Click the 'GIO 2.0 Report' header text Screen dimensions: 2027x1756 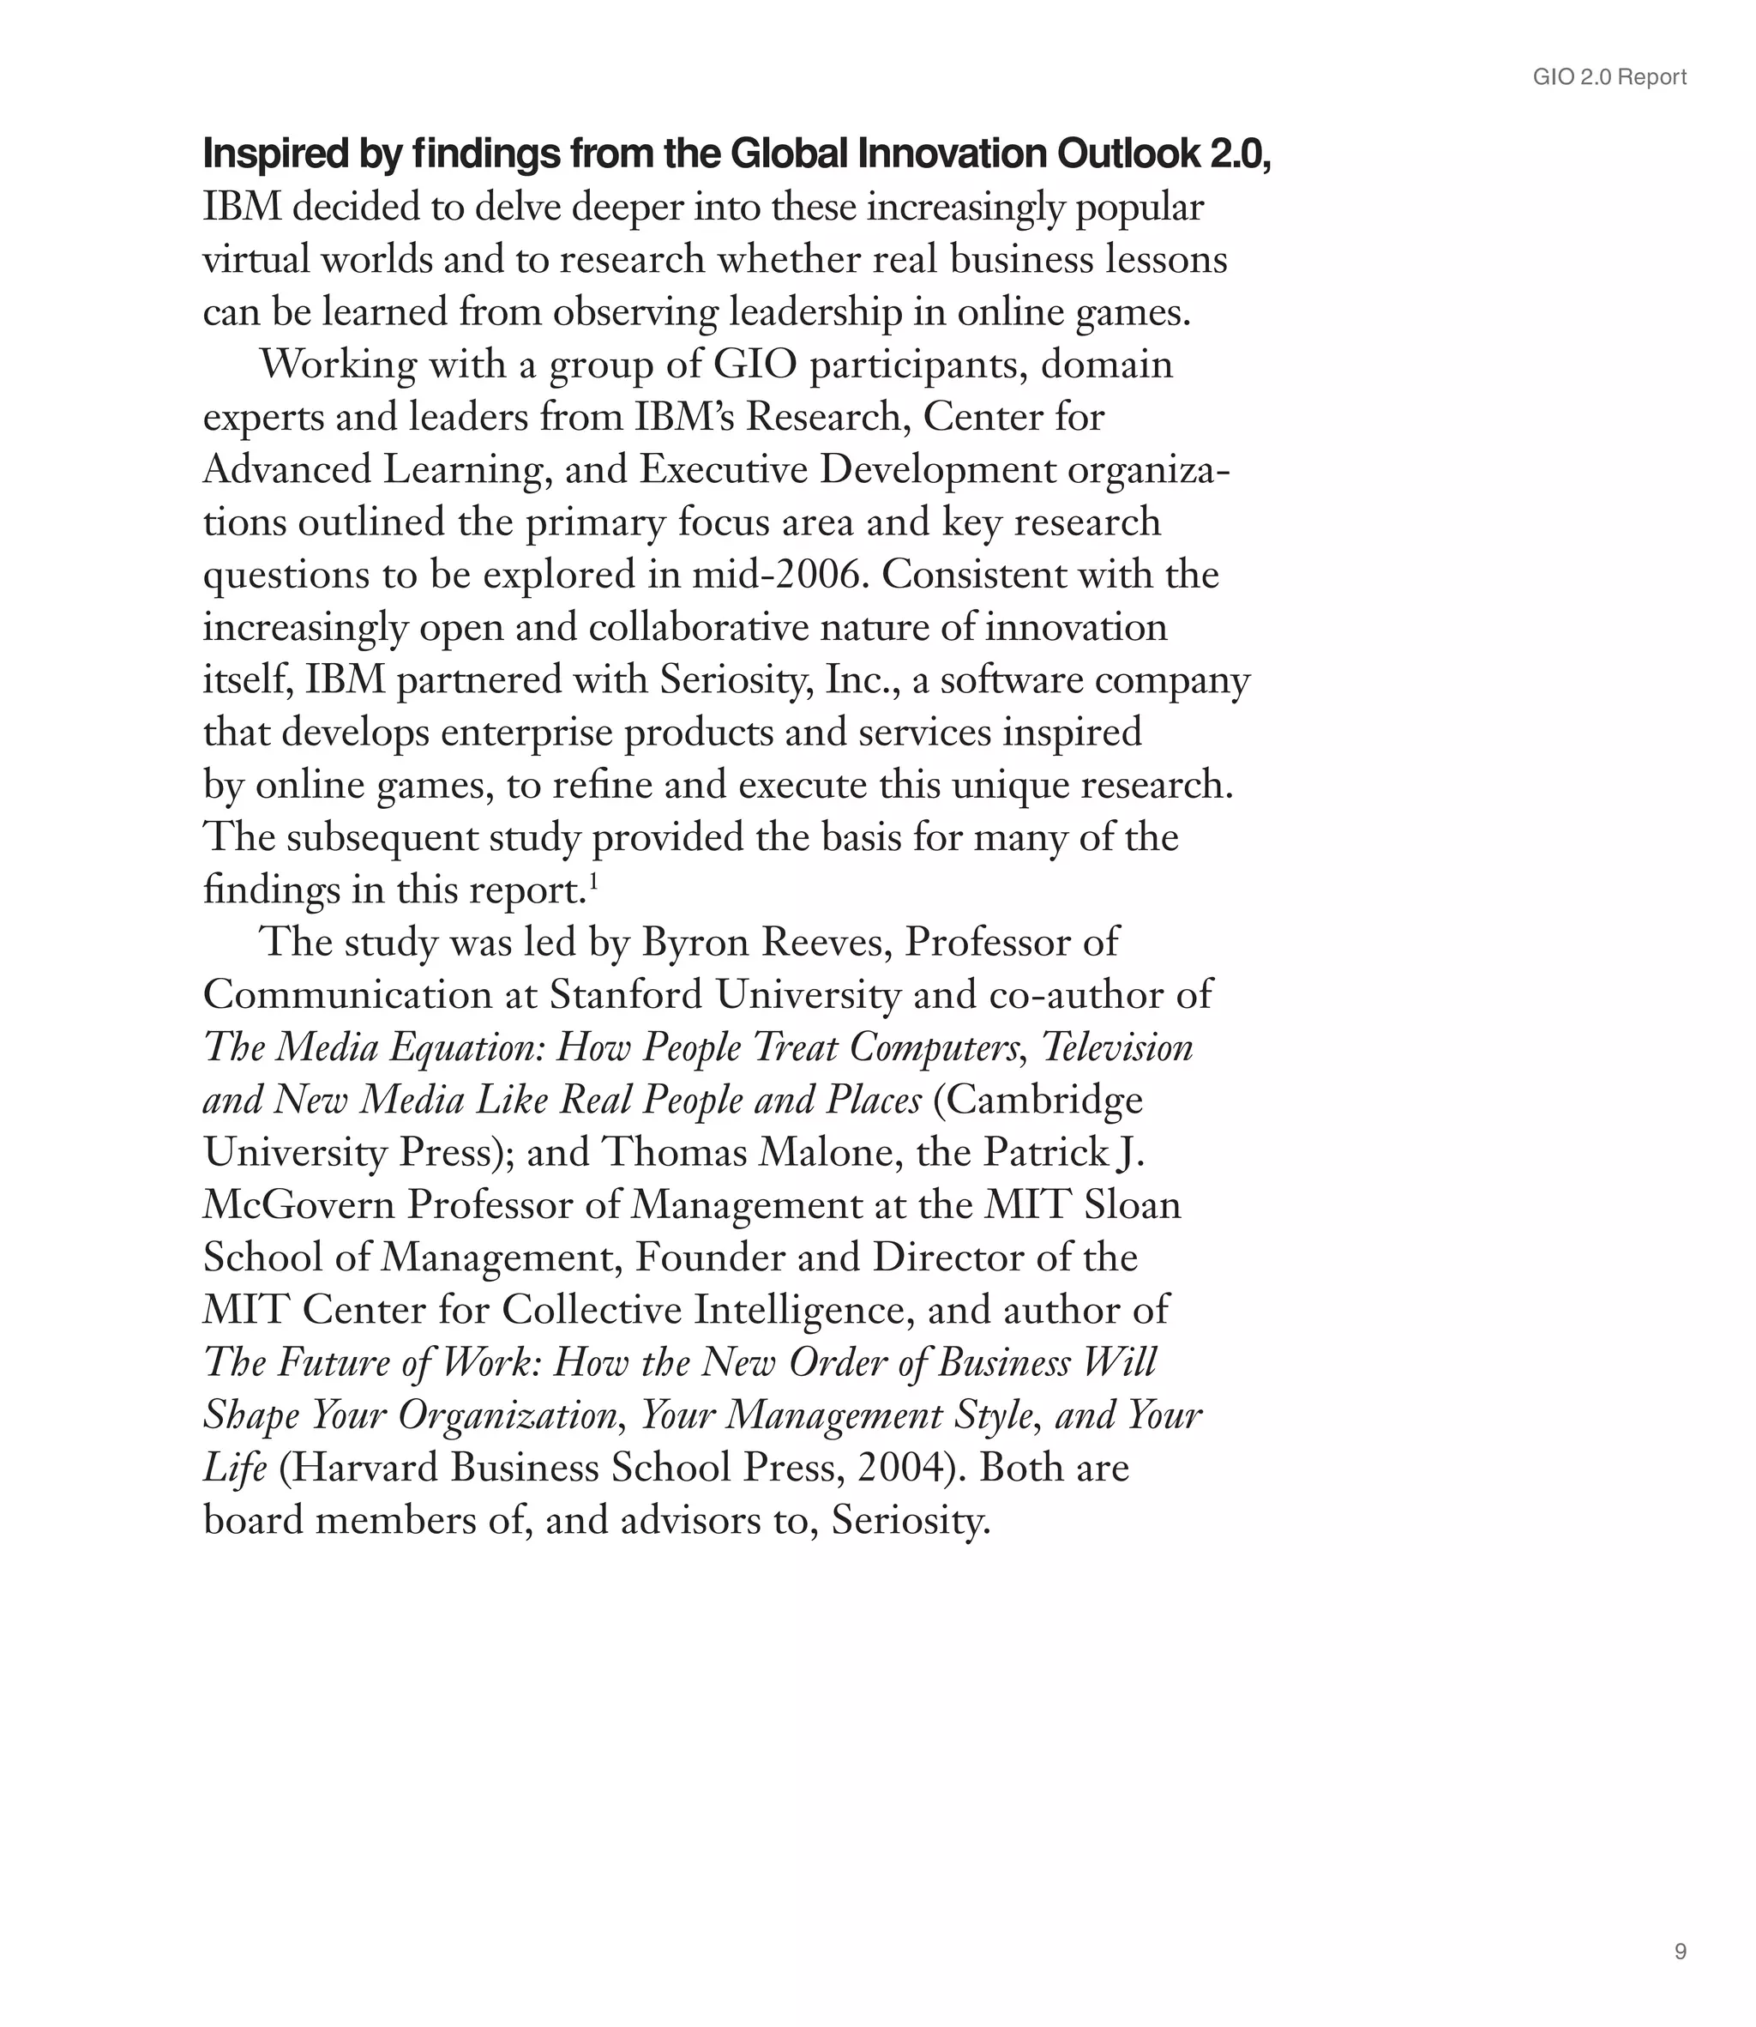[1609, 77]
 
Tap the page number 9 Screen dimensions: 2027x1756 [1681, 1952]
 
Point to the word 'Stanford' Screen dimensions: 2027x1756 [625, 995]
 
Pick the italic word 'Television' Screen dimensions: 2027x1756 [1117, 1047]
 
